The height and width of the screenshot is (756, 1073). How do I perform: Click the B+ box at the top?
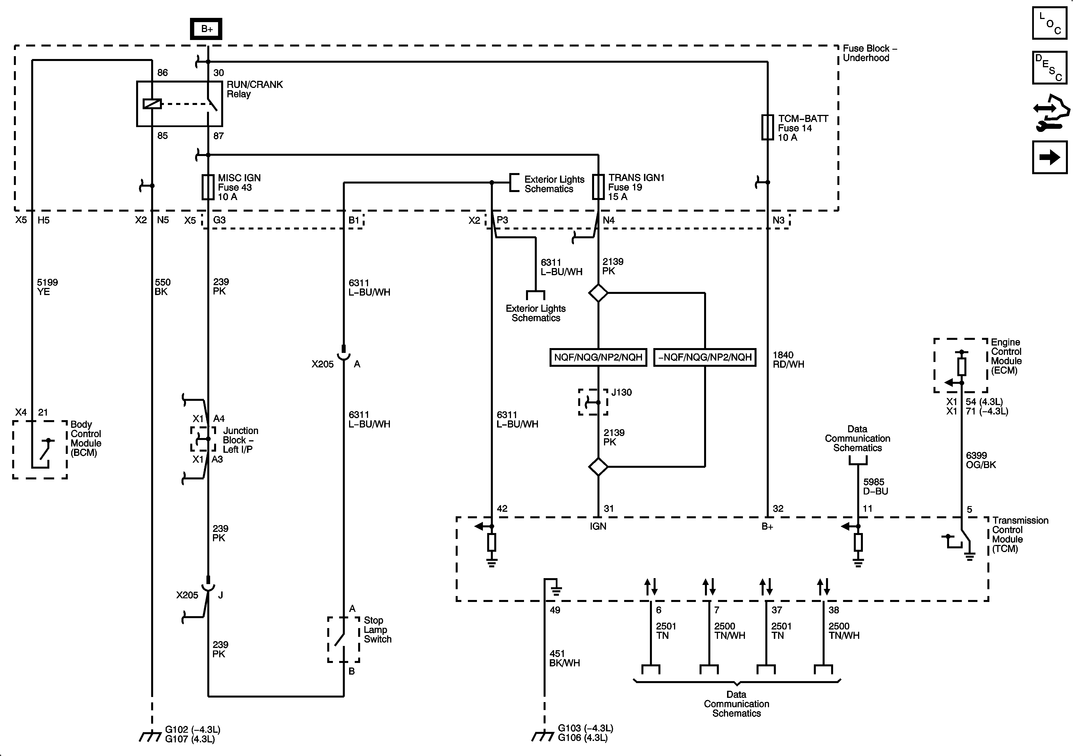pos(206,29)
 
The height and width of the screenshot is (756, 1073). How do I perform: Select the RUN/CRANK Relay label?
pos(255,89)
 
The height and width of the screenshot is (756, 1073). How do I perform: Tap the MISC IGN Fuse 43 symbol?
pos(208,187)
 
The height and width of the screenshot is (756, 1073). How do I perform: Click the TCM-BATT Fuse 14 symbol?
pos(767,127)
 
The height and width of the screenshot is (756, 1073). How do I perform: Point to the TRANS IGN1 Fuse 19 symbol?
pos(598,187)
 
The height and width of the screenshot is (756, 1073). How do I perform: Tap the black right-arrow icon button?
pos(1050,157)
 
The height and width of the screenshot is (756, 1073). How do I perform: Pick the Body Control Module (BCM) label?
pos(86,439)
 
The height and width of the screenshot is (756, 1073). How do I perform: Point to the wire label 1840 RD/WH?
pos(788,359)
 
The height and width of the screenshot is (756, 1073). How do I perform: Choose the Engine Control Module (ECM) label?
pos(1006,356)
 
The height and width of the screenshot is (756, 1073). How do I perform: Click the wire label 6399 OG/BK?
pos(981,460)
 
